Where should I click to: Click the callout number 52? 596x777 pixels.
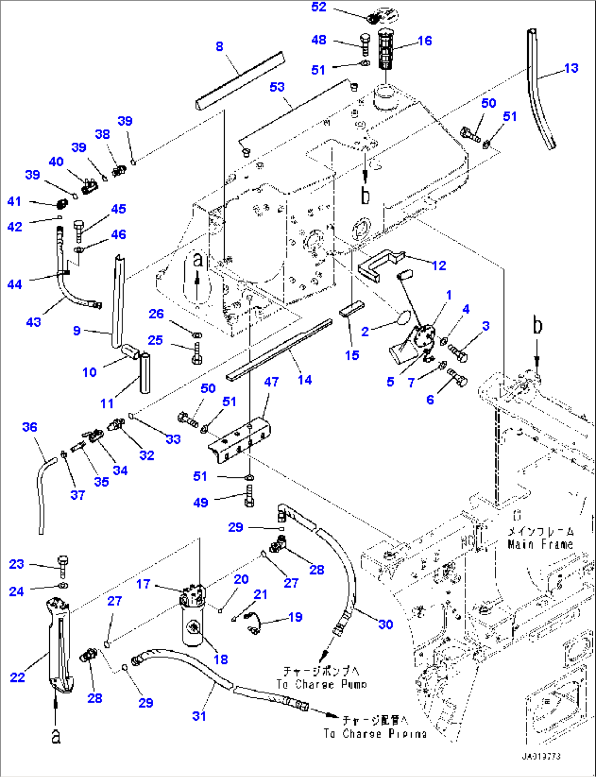pos(318,7)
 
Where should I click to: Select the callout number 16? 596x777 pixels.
pos(424,40)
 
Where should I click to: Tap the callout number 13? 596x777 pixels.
pos(571,68)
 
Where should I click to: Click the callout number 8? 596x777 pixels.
pos(219,46)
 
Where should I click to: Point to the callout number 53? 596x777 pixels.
pos(277,87)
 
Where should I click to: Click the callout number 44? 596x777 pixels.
pos(15,284)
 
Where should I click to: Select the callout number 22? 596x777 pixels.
pos(17,677)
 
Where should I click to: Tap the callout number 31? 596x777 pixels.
pos(199,716)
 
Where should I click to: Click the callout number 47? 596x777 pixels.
pos(271,382)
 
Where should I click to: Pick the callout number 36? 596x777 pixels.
pos(30,427)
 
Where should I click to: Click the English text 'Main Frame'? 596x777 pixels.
pos(540,544)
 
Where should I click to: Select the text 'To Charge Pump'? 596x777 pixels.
pos(322,684)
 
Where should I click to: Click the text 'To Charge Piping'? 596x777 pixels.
pos(375,734)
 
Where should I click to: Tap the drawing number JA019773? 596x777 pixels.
pos(540,756)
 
